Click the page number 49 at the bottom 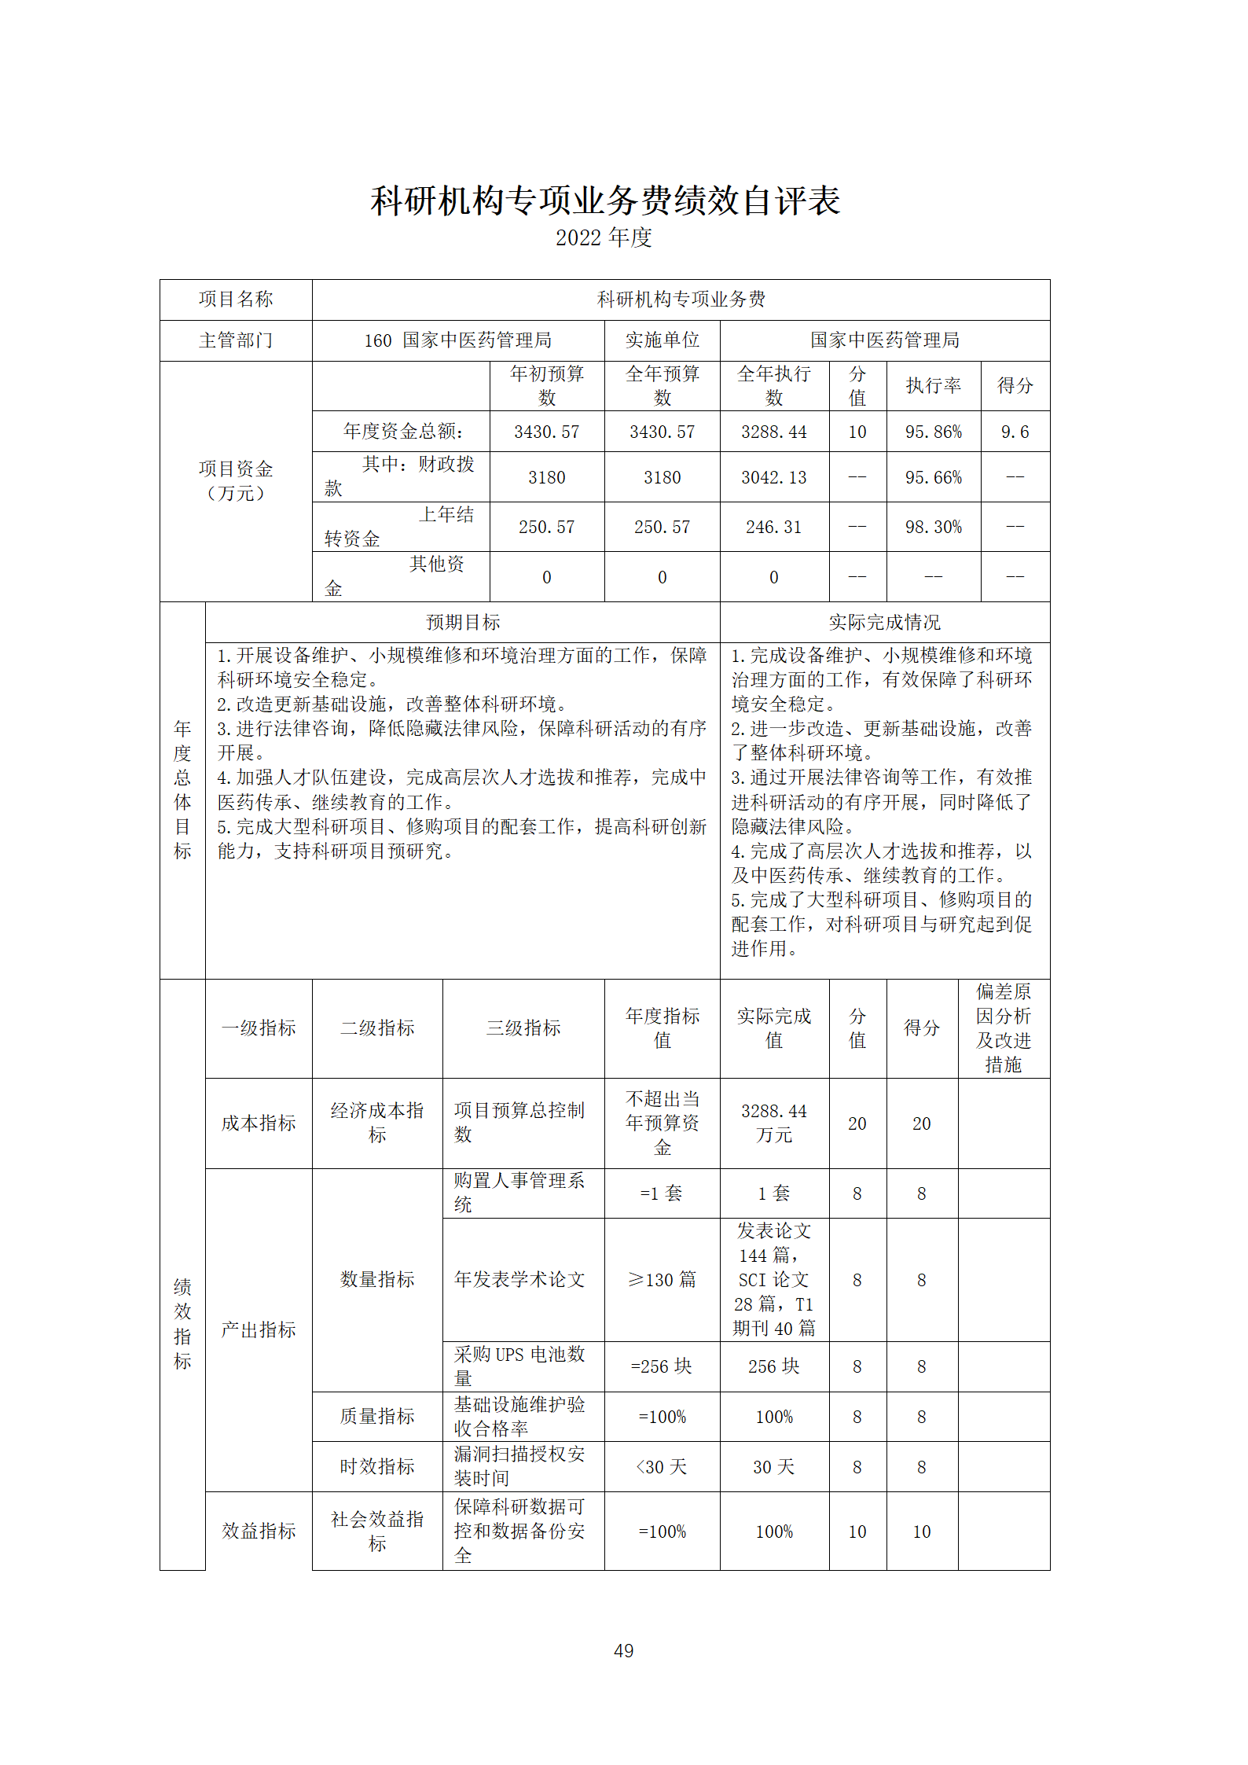point(623,1650)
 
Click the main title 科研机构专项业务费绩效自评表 point(605,200)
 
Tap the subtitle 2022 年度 point(604,237)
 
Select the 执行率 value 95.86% point(933,432)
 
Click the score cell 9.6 point(1015,432)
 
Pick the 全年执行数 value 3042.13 point(773,477)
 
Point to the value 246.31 point(773,527)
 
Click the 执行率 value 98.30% point(933,527)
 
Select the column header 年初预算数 point(547,385)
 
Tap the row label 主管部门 point(236,340)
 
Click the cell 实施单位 point(662,340)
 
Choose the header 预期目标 point(463,623)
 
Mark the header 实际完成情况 point(884,623)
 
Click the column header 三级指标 point(523,1028)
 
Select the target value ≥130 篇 point(662,1280)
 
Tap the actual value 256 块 point(773,1366)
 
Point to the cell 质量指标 point(377,1417)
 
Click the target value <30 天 point(662,1467)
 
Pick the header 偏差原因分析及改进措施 point(1003,1028)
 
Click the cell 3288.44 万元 point(773,1123)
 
